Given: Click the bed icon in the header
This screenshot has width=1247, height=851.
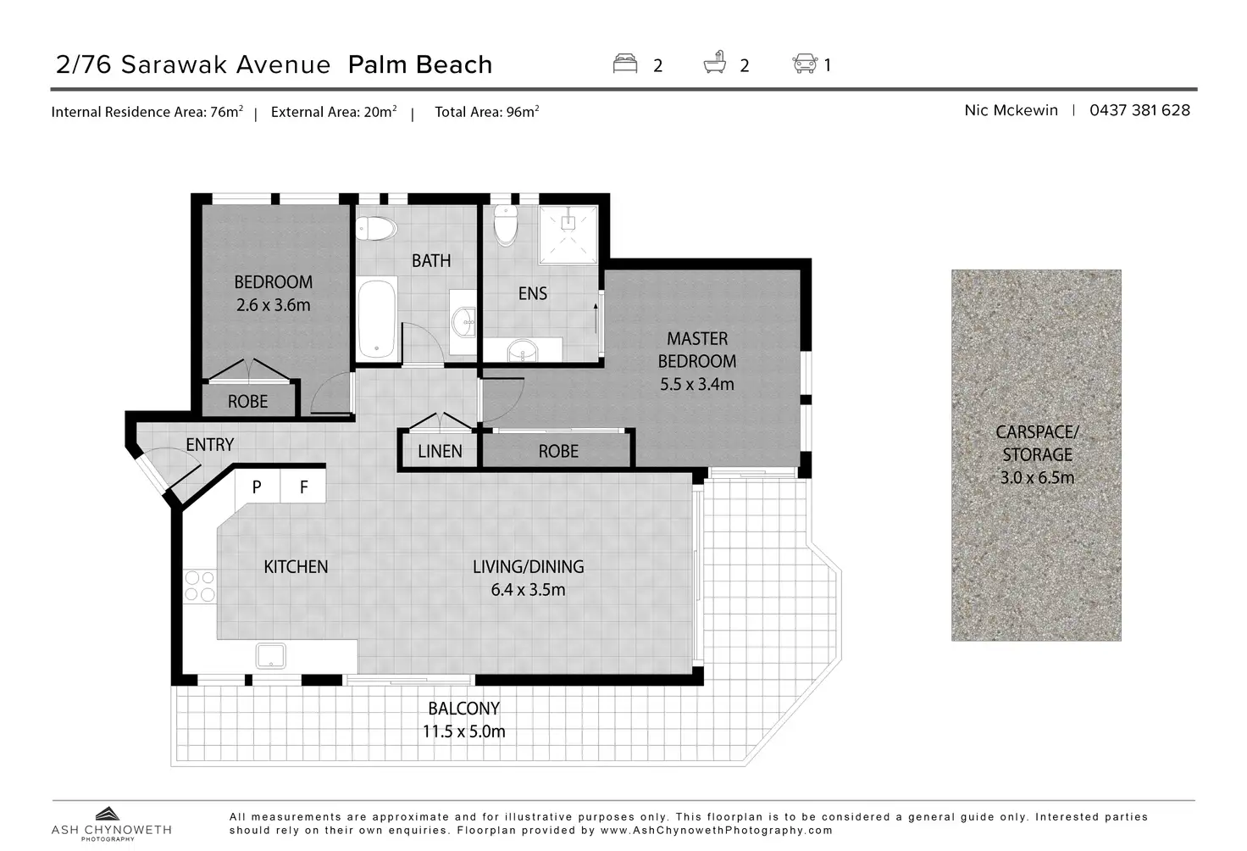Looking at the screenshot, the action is click(x=624, y=63).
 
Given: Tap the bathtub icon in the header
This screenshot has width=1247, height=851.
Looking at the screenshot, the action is click(x=714, y=63).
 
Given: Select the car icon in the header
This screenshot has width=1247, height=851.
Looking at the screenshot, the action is click(x=805, y=63).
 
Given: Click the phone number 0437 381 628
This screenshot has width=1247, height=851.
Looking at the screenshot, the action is click(x=1139, y=110).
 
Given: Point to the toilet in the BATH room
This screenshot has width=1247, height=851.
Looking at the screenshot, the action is click(x=376, y=228).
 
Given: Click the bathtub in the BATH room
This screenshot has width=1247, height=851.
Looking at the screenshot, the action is click(x=378, y=319).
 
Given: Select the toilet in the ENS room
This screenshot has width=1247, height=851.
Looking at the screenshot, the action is click(x=506, y=225).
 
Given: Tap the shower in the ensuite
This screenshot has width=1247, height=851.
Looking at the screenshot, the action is click(x=568, y=235).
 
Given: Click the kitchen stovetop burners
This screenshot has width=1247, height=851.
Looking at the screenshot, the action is click(x=200, y=586).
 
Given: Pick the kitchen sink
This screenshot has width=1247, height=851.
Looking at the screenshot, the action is click(x=271, y=655).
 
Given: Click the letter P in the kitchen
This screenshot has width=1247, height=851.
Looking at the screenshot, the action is click(x=257, y=487).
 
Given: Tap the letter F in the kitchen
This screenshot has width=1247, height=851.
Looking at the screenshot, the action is click(x=304, y=487).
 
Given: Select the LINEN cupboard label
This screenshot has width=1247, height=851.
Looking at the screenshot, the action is click(x=440, y=451).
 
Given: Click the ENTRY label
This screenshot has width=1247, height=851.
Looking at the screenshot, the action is click(x=210, y=444).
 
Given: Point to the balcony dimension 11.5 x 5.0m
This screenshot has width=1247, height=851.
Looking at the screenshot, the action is click(x=463, y=731).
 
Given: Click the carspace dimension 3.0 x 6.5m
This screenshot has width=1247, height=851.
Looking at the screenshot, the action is click(x=1037, y=477).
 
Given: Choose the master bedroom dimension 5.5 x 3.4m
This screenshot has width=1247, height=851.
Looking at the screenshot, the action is click(x=697, y=384).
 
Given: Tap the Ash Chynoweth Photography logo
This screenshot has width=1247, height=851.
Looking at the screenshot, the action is click(x=111, y=824).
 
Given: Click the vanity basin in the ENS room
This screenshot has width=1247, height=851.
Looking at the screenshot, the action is click(x=523, y=351).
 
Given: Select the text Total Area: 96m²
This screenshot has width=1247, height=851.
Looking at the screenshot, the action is click(x=486, y=112).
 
